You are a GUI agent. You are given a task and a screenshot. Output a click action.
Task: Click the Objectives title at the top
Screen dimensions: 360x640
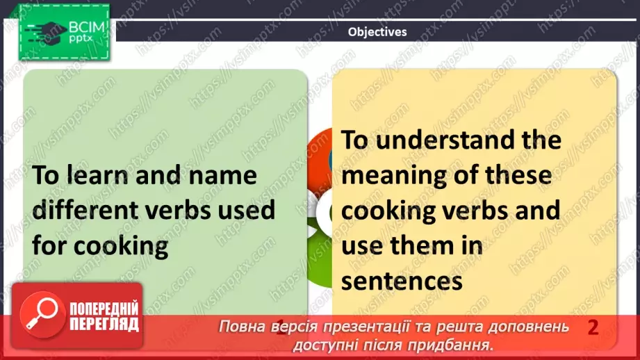tap(377, 31)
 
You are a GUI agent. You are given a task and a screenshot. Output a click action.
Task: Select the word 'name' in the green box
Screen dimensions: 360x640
tap(222, 176)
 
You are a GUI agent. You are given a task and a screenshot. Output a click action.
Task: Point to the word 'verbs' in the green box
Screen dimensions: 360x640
tap(195, 210)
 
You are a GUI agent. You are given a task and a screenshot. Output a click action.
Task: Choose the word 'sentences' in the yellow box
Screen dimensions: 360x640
tap(402, 280)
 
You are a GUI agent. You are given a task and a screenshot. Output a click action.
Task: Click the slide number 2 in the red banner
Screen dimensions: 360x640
tap(592, 327)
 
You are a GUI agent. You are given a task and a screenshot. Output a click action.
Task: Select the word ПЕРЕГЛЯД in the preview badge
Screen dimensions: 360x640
tap(104, 325)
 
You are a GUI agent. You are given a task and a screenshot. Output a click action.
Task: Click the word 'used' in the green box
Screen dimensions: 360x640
tap(252, 210)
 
